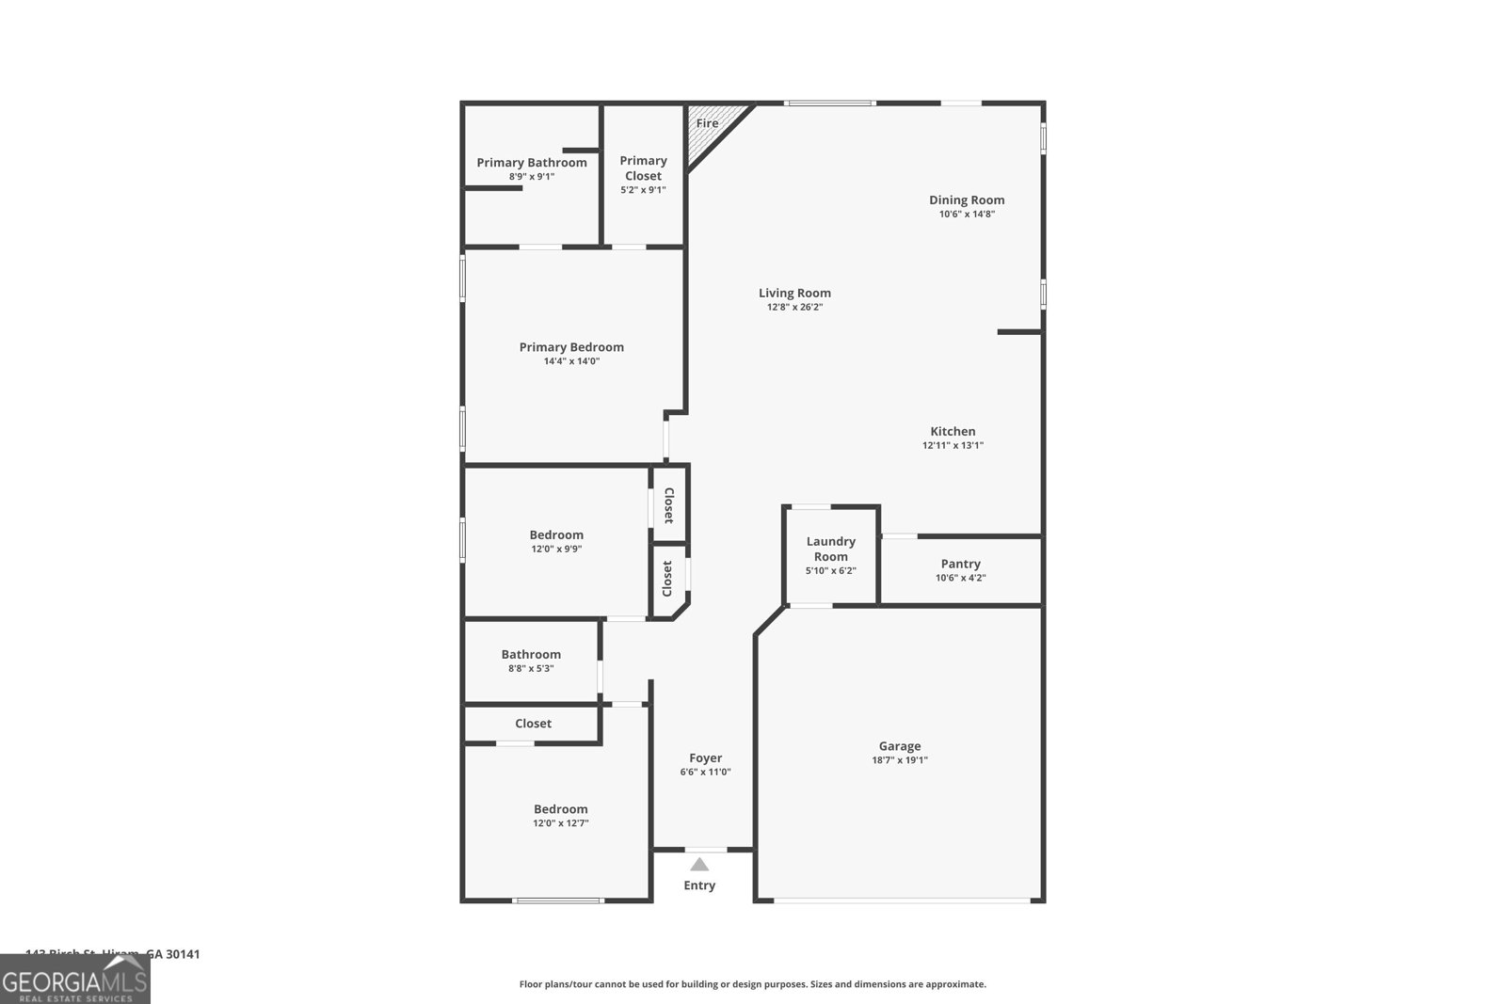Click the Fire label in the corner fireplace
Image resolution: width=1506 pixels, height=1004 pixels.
pos(707,123)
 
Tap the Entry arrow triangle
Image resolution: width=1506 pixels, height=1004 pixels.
pos(699,865)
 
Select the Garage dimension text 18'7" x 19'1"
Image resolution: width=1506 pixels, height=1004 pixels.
pos(900,760)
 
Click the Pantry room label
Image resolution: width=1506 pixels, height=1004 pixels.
pos(960,564)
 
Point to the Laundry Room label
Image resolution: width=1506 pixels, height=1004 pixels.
pos(830,549)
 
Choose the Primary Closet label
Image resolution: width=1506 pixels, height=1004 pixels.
pos(643,168)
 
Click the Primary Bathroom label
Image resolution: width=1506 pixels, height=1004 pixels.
pos(532,163)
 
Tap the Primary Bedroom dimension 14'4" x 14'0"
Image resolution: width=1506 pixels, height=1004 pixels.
pos(571,361)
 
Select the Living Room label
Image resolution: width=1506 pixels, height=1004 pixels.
pos(794,293)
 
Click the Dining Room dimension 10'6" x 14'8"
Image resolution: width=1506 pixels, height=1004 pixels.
pos(967,214)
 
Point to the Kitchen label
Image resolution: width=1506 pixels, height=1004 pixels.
pos(953,431)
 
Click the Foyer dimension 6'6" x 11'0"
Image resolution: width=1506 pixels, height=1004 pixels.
pos(705,772)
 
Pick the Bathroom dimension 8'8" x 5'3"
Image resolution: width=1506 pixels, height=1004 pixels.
pos(531,668)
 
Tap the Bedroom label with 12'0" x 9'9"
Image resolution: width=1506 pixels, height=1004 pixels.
pos(556,534)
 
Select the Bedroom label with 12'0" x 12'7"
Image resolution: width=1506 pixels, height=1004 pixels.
pos(560,808)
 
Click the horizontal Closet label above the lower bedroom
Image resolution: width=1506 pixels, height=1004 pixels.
pos(533,723)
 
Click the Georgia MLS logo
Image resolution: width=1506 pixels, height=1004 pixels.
pos(74,980)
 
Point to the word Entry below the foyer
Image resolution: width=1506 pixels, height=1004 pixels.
pos(699,885)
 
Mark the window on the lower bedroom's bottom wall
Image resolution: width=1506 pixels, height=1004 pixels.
pos(557,900)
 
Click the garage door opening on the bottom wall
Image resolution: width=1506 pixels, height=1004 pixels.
pos(901,901)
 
